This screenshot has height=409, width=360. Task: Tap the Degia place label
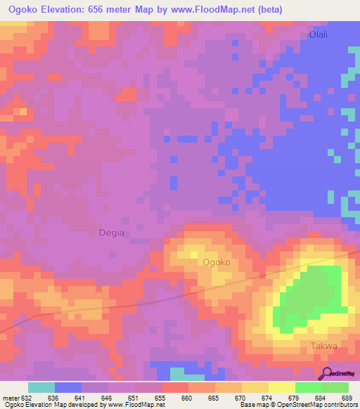(x=110, y=233)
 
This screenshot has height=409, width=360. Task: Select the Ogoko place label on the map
(x=217, y=262)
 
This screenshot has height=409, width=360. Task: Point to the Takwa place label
(x=324, y=346)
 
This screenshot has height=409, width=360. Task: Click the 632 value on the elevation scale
(x=27, y=398)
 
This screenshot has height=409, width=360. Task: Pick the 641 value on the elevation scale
(x=82, y=398)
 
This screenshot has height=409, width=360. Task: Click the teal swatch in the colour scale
(x=41, y=387)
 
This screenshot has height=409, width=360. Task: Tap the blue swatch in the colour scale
(x=68, y=387)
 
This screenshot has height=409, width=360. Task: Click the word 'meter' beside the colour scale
(x=11, y=398)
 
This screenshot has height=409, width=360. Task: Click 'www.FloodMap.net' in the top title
(x=217, y=9)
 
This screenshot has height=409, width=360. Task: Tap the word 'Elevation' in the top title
(x=67, y=9)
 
